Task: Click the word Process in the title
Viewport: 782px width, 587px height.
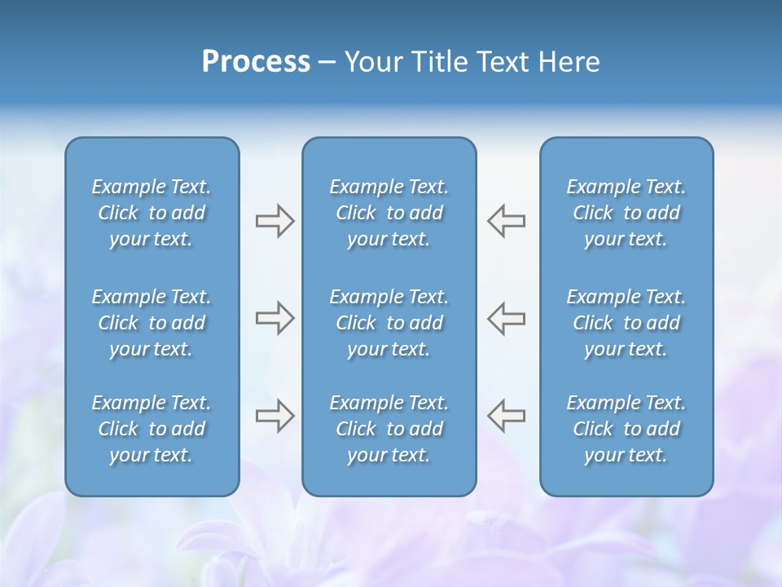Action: tap(256, 62)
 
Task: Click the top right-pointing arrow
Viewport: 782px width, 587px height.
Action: tap(275, 221)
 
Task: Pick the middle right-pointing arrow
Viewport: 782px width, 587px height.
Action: tap(275, 318)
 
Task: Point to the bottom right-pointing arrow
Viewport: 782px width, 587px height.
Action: tap(275, 416)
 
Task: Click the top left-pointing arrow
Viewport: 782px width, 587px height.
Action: tap(507, 221)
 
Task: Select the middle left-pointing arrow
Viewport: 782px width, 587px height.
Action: tap(507, 318)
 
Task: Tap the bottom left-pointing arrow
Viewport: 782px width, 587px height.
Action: tap(507, 416)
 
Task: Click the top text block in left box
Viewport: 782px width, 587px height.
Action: tap(152, 213)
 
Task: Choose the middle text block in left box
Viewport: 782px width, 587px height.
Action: tap(152, 323)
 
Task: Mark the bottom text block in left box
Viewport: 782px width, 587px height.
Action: tap(152, 429)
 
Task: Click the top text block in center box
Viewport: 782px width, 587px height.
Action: tap(389, 213)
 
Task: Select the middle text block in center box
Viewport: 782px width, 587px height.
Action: tap(389, 323)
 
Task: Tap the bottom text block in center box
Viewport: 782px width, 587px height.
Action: tap(389, 429)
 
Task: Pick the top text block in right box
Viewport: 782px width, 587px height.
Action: tap(626, 213)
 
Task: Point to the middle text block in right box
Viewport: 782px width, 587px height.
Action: tap(626, 323)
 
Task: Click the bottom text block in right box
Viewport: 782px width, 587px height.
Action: tap(626, 429)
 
